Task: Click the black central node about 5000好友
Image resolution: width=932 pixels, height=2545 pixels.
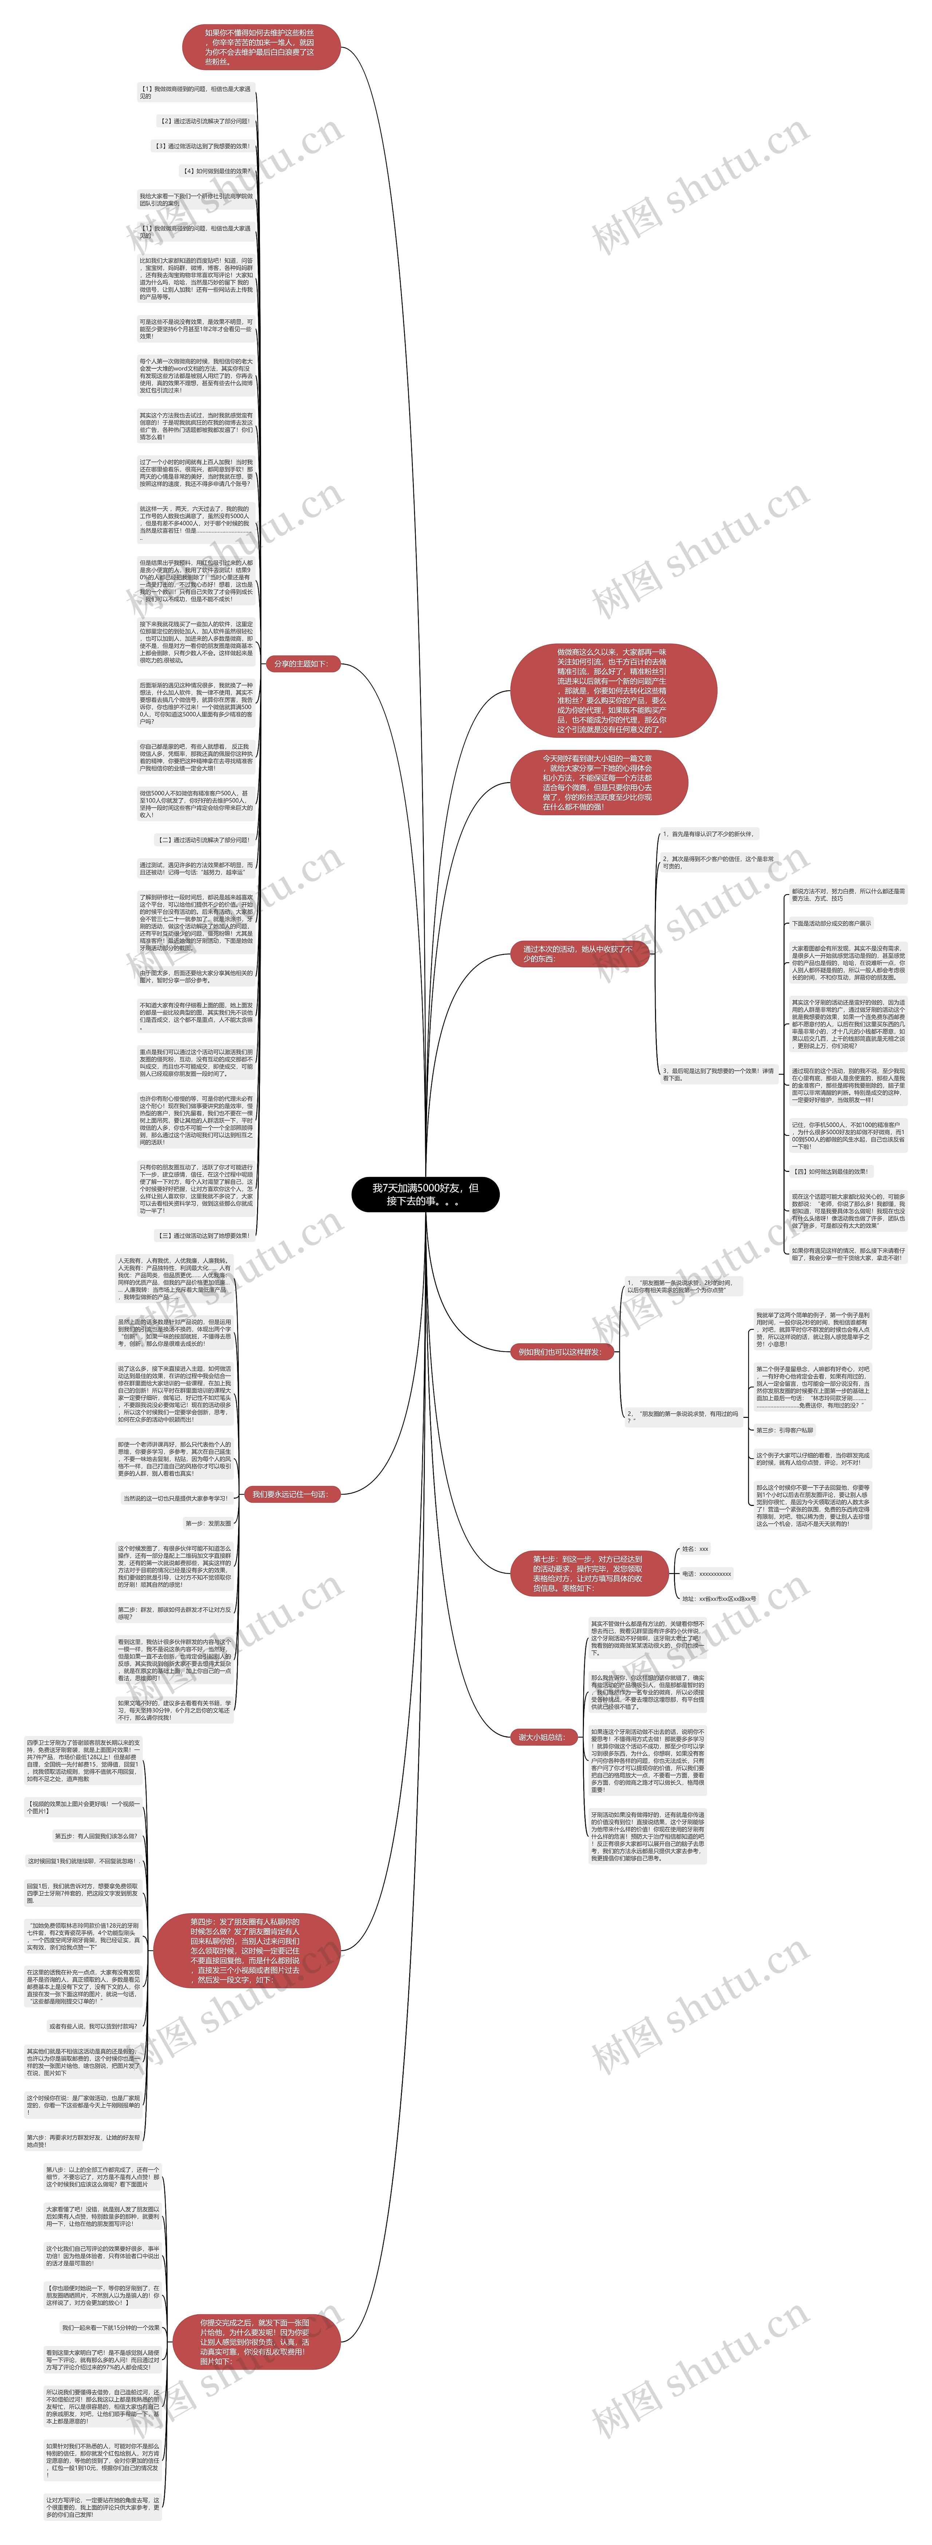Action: coord(425,1194)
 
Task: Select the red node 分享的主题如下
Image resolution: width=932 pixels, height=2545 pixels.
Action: coord(300,664)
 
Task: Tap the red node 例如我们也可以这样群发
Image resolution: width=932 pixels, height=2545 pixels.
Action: coord(560,1352)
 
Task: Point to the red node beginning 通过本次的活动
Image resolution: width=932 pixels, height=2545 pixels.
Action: coord(576,954)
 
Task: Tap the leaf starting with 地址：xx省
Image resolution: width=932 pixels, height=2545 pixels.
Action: coord(719,1598)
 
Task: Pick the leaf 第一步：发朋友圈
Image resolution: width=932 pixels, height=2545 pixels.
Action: coord(209,1523)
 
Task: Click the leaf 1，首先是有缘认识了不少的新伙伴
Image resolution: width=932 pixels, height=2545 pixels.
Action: coord(708,834)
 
